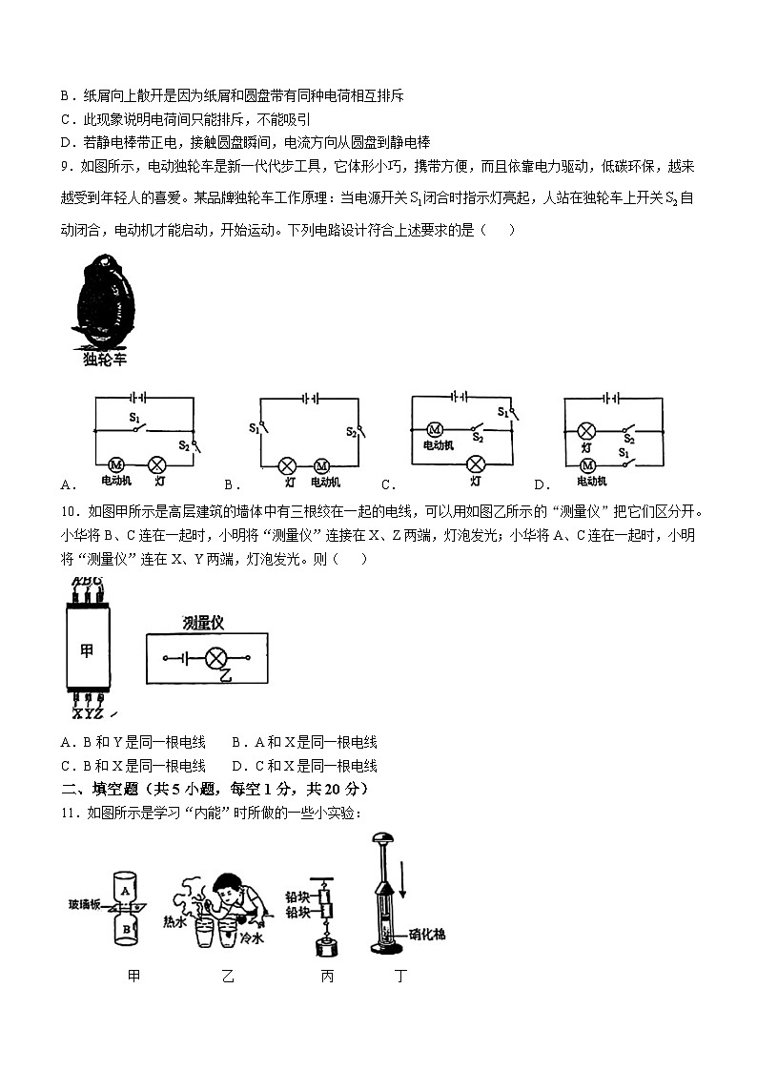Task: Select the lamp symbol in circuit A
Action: point(158,464)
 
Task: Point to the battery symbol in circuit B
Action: point(309,397)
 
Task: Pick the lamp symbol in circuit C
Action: point(474,464)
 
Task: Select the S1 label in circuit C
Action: point(503,412)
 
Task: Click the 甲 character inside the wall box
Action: point(87,651)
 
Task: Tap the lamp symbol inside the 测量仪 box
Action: point(216,658)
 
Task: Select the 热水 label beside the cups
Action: point(174,922)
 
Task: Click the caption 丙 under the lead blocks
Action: point(327,977)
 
